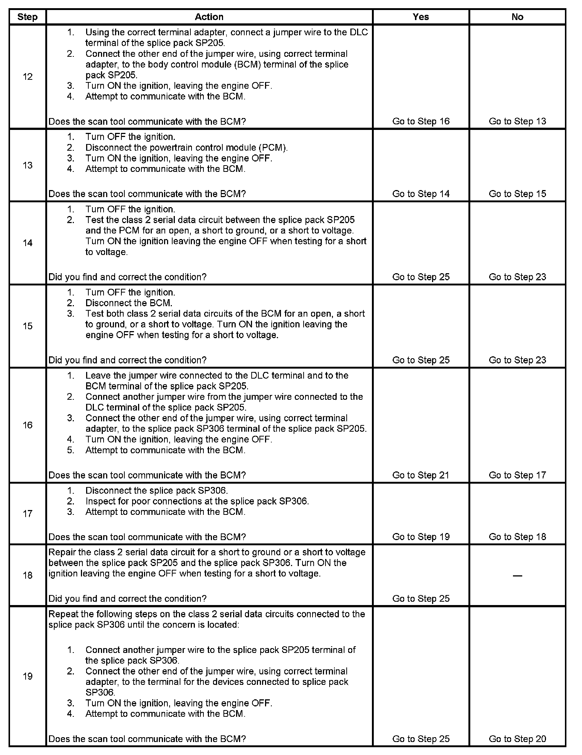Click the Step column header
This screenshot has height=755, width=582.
pyautogui.click(x=27, y=17)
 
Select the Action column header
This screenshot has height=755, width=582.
pyautogui.click(x=209, y=17)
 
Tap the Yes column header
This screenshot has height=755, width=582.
pyautogui.click(x=421, y=17)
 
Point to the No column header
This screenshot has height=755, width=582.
pyautogui.click(x=517, y=17)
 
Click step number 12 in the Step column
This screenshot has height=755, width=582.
pyautogui.click(x=27, y=77)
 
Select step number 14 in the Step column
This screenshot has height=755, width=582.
pyautogui.click(x=27, y=243)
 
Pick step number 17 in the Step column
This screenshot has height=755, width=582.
pyautogui.click(x=27, y=514)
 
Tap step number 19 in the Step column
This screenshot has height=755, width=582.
pyautogui.click(x=27, y=676)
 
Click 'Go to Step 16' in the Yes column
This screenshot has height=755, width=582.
pyautogui.click(x=421, y=121)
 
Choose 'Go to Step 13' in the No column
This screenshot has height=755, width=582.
pyautogui.click(x=517, y=121)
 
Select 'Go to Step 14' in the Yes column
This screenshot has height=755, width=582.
pyautogui.click(x=421, y=194)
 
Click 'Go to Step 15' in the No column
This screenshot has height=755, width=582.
pyautogui.click(x=517, y=194)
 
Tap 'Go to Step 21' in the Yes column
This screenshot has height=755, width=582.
pyautogui.click(x=421, y=475)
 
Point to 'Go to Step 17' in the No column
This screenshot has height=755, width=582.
pyautogui.click(x=517, y=475)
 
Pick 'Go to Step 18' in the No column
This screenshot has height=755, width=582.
pyautogui.click(x=517, y=537)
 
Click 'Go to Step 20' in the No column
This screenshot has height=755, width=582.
pyautogui.click(x=517, y=739)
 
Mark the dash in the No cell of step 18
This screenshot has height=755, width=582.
pyautogui.click(x=517, y=576)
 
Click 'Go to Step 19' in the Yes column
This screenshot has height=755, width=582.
pyautogui.click(x=421, y=537)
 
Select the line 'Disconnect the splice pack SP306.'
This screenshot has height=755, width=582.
pyautogui.click(x=156, y=490)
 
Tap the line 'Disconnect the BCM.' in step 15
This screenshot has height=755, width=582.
pyautogui.click(x=128, y=303)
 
